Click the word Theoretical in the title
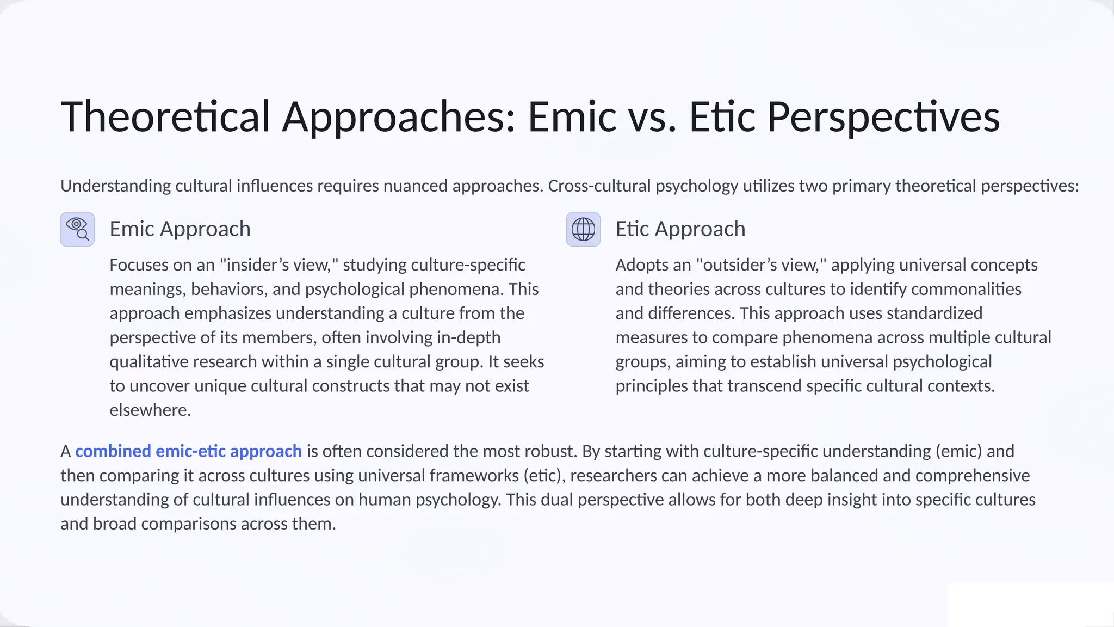165,116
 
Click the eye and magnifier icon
77,229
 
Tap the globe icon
583,229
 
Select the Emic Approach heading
180,229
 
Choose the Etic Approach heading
680,229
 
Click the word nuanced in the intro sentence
415,186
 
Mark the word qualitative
148,362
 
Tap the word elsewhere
150,410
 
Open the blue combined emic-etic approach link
188,451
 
